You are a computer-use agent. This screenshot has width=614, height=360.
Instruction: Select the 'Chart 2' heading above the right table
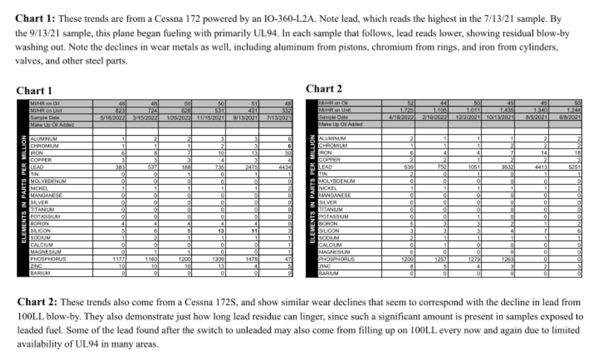point(327,88)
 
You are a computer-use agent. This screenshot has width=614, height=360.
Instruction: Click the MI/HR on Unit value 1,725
point(406,111)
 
